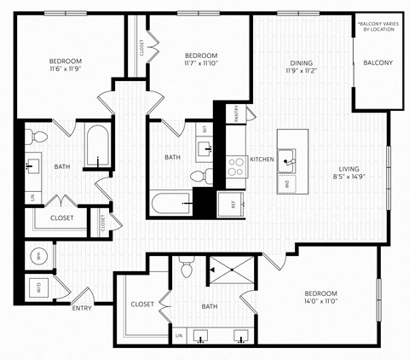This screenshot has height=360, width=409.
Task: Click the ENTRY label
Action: click(x=82, y=308)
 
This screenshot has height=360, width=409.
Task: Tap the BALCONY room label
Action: click(x=377, y=62)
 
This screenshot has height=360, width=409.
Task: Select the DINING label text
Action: click(x=300, y=62)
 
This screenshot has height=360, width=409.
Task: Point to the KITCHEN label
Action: click(x=262, y=160)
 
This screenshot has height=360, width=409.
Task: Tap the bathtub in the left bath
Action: click(x=97, y=147)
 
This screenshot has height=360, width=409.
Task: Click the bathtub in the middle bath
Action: click(x=171, y=205)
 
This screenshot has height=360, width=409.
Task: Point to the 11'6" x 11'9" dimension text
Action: click(x=65, y=71)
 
